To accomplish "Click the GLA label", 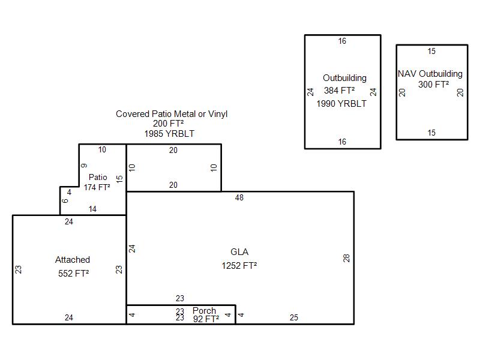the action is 239,252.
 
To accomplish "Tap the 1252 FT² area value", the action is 239,265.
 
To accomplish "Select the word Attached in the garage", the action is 73,260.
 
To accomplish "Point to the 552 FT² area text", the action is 73,273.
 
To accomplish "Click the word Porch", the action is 204,310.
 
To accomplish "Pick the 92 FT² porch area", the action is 206,319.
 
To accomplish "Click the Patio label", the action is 98,177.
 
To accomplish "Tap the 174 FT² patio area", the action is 97,187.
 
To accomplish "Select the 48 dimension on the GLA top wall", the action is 239,198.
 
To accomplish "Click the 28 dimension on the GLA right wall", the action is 346,259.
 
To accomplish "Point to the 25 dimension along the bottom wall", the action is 294,318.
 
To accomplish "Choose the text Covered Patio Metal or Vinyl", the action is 172,114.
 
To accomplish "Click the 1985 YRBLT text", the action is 169,134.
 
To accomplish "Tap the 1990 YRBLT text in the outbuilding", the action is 341,104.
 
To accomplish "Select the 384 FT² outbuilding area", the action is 340,91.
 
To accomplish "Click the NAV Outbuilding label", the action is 430,74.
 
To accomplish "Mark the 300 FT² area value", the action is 434,85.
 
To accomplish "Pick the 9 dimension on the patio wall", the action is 84,166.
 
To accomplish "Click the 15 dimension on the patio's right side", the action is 119,179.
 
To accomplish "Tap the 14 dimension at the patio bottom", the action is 92,209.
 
